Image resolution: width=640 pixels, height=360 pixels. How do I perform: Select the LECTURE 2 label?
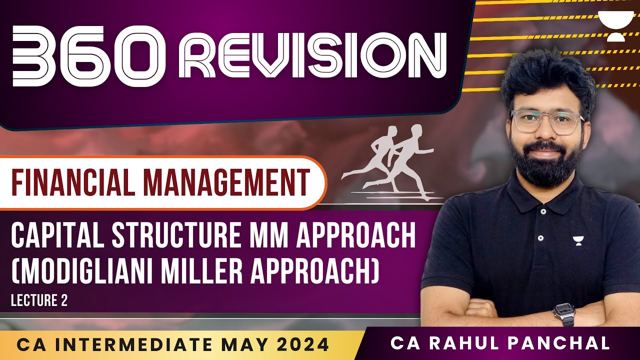(x=39, y=300)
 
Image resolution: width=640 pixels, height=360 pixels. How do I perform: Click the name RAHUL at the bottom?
(x=459, y=343)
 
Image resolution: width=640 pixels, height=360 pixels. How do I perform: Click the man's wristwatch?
(x=564, y=314)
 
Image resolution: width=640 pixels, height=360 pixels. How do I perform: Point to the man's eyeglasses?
(x=548, y=122)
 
